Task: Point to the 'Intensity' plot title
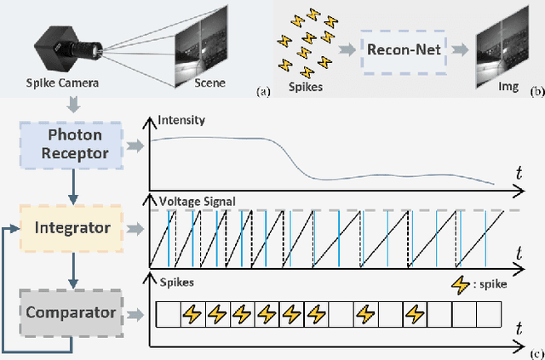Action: point(182,121)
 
